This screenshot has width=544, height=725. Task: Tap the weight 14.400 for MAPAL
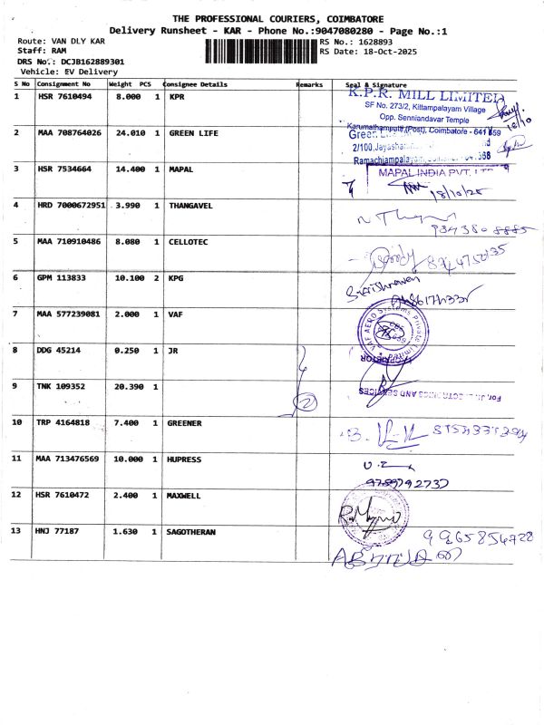pyautogui.click(x=128, y=169)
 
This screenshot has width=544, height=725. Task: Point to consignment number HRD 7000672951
pyautogui.click(x=72, y=206)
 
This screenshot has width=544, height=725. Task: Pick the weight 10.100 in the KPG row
pyautogui.click(x=128, y=277)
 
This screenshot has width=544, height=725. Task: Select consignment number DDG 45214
pyautogui.click(x=59, y=350)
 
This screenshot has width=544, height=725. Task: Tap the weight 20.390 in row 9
pyautogui.click(x=128, y=386)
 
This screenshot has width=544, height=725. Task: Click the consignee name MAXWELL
pyautogui.click(x=187, y=495)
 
